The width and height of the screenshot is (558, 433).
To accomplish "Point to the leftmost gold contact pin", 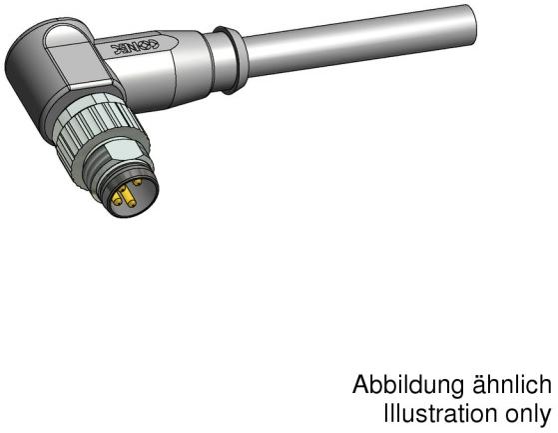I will [x=117, y=200].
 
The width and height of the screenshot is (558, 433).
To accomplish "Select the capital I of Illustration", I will [x=387, y=412].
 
